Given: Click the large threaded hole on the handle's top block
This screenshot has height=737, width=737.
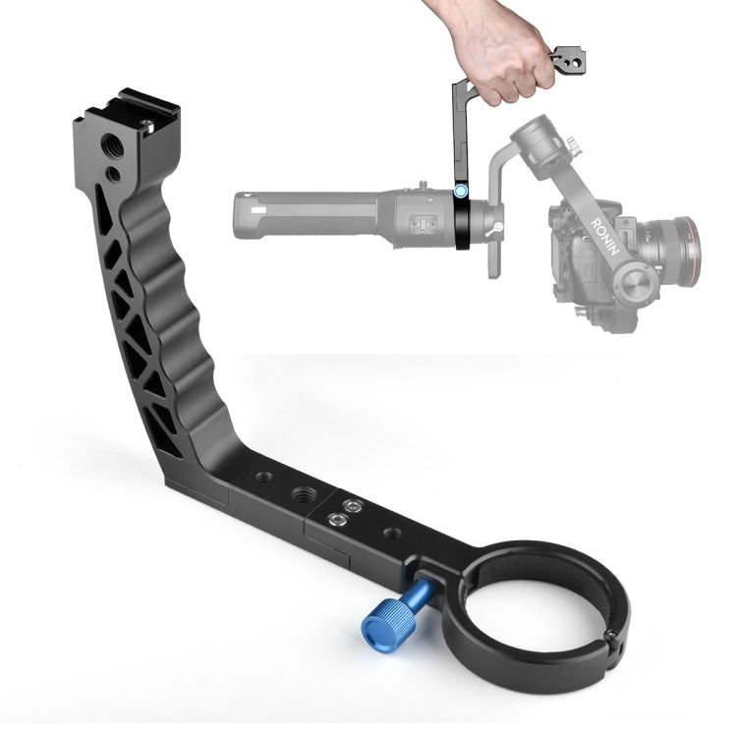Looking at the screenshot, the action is click(x=112, y=145).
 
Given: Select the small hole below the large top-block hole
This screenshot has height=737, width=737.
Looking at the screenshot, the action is click(x=113, y=175).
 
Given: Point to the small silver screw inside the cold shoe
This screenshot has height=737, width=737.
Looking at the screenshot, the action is click(x=148, y=126).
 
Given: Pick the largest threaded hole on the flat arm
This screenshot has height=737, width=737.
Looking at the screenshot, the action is click(x=304, y=495).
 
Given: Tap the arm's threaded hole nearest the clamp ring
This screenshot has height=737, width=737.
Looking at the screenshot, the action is click(x=392, y=534).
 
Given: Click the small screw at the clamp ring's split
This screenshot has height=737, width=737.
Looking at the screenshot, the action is click(x=612, y=634).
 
